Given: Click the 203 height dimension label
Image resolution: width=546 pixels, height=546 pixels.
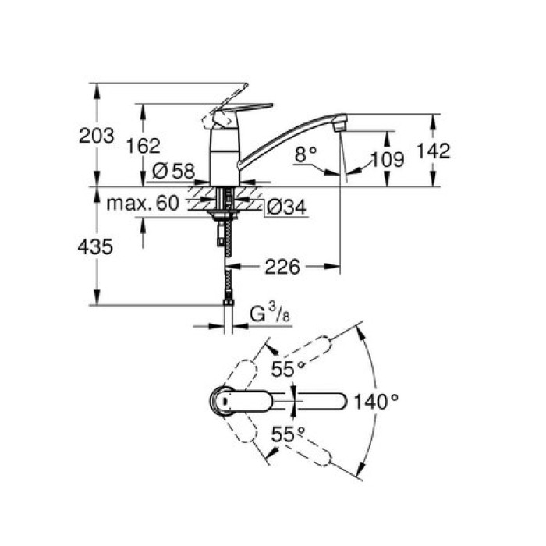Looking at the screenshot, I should click(97, 135).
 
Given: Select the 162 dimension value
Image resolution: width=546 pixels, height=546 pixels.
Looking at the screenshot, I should click(143, 145).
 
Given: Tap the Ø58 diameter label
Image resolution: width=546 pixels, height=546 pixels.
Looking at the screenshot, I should click(172, 169).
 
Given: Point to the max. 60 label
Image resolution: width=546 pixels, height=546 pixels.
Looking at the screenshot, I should click(142, 204).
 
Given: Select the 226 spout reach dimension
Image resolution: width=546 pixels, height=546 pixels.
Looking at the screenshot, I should click(283, 267).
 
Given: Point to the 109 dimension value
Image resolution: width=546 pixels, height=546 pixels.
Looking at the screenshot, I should click(387, 160).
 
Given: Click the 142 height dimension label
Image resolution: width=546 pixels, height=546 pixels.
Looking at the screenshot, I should click(434, 151).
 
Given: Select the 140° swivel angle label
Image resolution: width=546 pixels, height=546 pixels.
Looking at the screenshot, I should click(378, 402).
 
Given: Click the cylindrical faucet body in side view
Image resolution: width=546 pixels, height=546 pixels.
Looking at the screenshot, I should click(225, 156).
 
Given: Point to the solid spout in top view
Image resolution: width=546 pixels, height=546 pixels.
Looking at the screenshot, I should click(312, 402).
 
